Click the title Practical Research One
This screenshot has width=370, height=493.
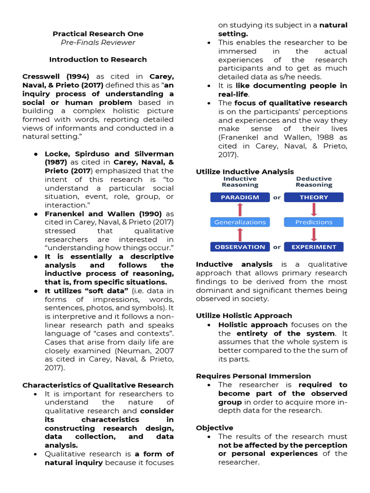click(x=98, y=34)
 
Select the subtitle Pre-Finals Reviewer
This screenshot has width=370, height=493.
click(x=98, y=42)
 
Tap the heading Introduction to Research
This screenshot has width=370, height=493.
click(x=98, y=59)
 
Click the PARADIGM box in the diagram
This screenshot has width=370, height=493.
click(x=240, y=197)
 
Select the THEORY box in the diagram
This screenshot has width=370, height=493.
click(x=314, y=197)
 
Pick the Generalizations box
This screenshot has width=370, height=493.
click(x=240, y=222)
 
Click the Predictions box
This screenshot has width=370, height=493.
click(x=314, y=222)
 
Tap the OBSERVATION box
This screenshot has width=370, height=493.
click(x=240, y=247)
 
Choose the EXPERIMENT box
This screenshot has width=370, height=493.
click(x=314, y=247)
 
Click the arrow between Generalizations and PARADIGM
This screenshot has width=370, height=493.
click(x=240, y=209)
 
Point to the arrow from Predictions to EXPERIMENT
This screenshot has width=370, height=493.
click(x=314, y=234)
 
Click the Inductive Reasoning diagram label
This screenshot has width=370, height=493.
click(x=240, y=182)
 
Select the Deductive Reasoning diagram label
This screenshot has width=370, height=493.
click(x=314, y=182)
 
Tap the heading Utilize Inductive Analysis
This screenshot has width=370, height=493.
click(x=245, y=171)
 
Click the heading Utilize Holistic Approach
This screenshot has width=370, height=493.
click(x=244, y=316)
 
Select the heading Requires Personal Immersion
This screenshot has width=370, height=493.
click(x=253, y=376)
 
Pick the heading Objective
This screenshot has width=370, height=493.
click(x=214, y=428)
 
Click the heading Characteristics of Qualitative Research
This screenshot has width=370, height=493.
click(x=98, y=385)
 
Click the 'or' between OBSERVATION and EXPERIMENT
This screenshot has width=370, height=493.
click(x=277, y=247)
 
